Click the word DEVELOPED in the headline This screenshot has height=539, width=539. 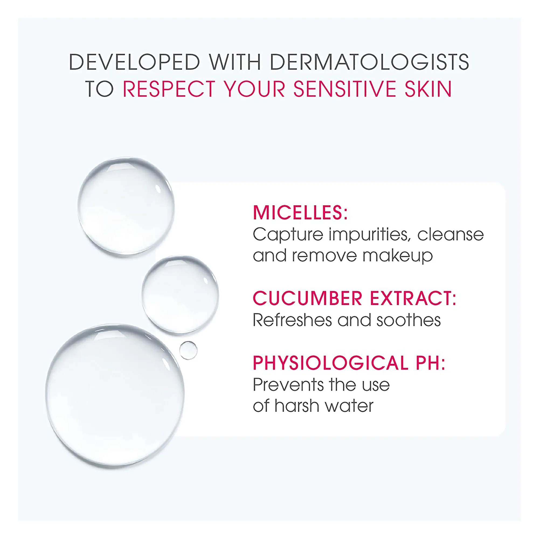pos(134,62)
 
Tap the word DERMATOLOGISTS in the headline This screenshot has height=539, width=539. pos(370,62)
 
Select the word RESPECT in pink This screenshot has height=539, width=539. pos(169,89)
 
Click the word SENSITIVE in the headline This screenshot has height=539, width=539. pos(345,89)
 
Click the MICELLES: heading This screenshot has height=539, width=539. pos(300,213)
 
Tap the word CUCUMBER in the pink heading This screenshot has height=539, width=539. pos(307,298)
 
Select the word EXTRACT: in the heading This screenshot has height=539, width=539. pos(413,298)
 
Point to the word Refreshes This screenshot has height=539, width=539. pos(292,320)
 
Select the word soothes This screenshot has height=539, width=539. pos(409,320)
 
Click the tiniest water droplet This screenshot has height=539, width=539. pos(188,350)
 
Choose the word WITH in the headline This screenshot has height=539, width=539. pos(235,62)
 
